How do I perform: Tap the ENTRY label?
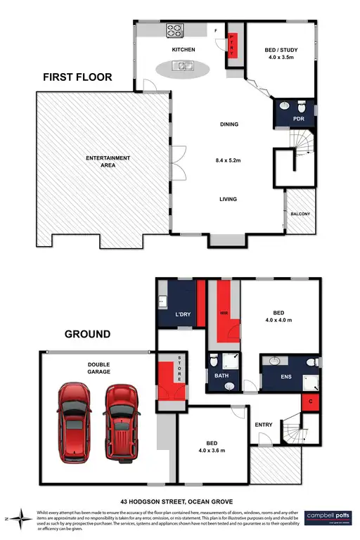tap(264, 424)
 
